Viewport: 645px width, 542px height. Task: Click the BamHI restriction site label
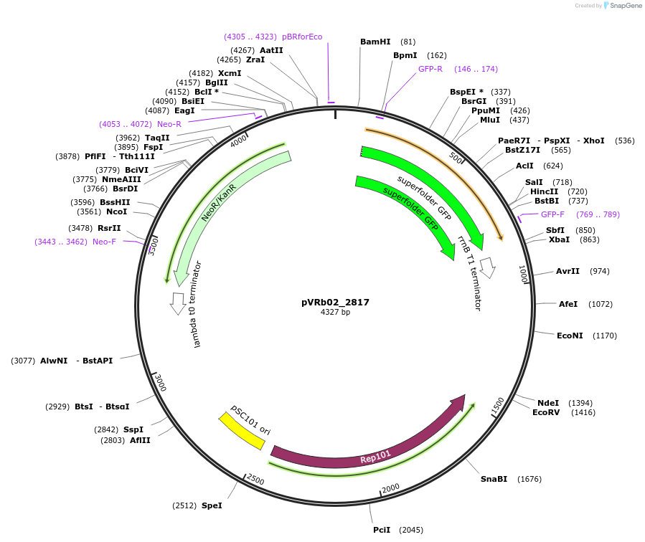[375, 42]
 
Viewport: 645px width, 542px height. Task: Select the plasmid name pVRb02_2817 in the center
[335, 303]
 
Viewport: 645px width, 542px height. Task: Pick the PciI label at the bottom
[382, 530]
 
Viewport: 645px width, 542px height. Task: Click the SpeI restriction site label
[212, 505]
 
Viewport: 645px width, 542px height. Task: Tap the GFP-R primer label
[430, 69]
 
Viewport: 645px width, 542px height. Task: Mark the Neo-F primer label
[104, 242]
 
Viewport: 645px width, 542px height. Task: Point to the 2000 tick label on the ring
[390, 488]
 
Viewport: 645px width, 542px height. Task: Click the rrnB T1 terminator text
[470, 272]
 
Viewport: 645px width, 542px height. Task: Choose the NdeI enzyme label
[548, 403]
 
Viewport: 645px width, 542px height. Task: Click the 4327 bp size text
[335, 313]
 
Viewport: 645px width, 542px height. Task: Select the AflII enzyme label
[140, 440]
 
